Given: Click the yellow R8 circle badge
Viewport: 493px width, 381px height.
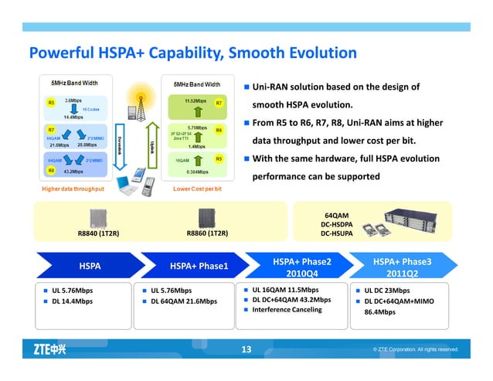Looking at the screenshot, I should pyautogui.click(x=51, y=169).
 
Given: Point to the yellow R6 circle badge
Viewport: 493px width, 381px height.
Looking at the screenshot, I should pyautogui.click(x=219, y=130).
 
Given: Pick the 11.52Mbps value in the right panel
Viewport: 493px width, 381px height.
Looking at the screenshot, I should pyautogui.click(x=195, y=100).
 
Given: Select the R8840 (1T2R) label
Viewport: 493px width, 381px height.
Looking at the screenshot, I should pyautogui.click(x=98, y=232).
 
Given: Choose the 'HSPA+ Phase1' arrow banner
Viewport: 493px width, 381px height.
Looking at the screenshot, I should pyautogui.click(x=199, y=267).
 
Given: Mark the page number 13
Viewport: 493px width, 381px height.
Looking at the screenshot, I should pyautogui.click(x=246, y=350).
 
